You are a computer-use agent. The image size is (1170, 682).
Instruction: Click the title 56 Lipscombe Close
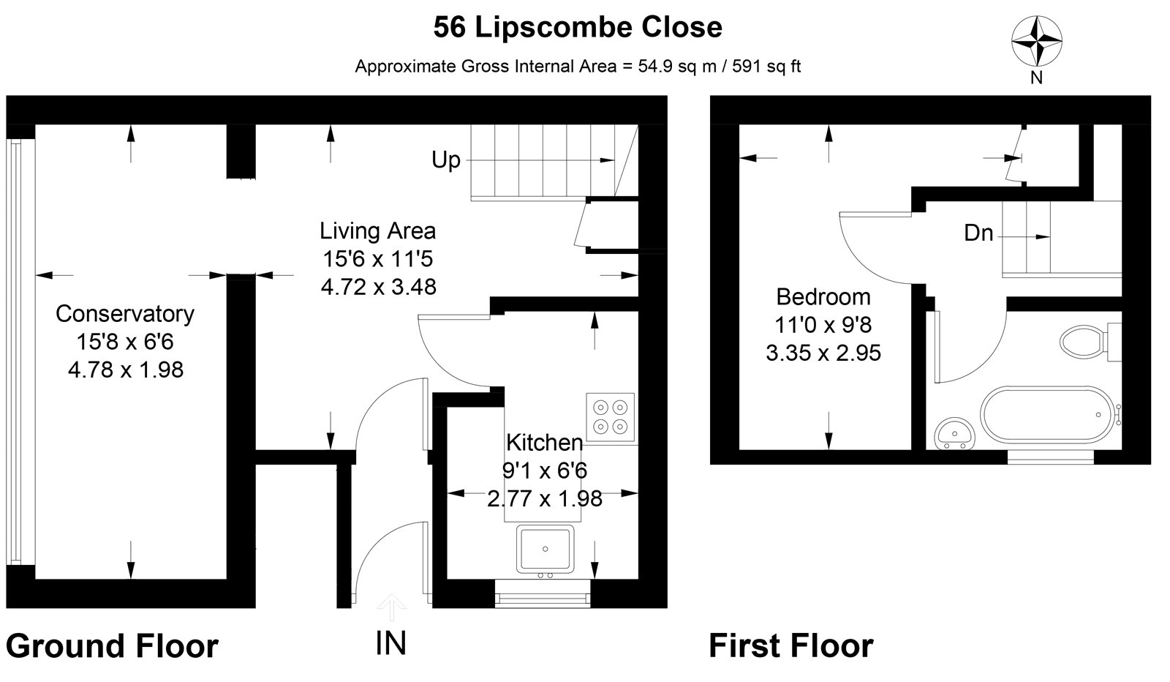coord(578,28)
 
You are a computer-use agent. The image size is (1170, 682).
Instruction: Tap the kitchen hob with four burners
coord(610,416)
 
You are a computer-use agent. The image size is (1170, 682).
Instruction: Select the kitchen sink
coord(546,550)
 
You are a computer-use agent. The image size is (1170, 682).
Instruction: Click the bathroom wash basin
coord(954,433)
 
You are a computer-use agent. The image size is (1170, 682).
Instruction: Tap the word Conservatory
coord(125,314)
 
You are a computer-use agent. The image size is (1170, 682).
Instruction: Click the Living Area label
coord(377,231)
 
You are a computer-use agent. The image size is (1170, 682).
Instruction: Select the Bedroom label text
coord(823,297)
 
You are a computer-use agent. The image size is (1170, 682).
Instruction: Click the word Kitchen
coord(544,443)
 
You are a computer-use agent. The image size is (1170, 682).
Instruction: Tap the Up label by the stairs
coord(446,160)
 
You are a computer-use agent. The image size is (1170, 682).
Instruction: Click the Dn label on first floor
coord(978,233)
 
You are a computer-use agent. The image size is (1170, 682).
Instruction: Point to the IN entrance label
coord(390,643)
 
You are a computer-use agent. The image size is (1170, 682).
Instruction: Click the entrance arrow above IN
coord(392,606)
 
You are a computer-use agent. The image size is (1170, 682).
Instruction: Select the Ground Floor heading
coord(112,646)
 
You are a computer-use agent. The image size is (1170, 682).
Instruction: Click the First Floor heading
coord(790,646)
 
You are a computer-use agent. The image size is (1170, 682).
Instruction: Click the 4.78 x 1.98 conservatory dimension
coord(125,370)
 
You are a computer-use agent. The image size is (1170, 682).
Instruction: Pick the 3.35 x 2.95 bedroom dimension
coord(823,353)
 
